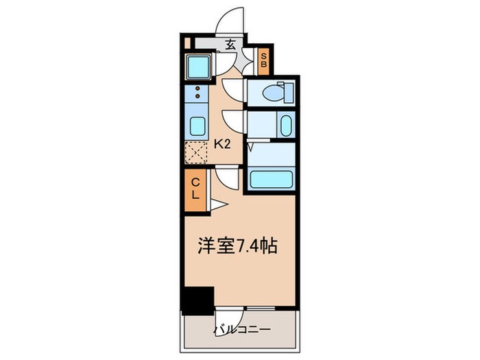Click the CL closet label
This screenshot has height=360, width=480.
(195, 188)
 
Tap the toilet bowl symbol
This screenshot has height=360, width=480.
(277, 91)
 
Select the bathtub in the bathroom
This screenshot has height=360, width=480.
(271, 180)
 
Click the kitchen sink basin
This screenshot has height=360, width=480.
(196, 127)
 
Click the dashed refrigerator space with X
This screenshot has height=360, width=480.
(196, 152)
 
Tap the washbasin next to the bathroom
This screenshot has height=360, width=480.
(285, 125)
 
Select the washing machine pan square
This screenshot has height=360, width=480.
(199, 66)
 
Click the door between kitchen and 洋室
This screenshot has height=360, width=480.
(226, 179)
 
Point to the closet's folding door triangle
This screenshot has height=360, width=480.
(215, 204)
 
